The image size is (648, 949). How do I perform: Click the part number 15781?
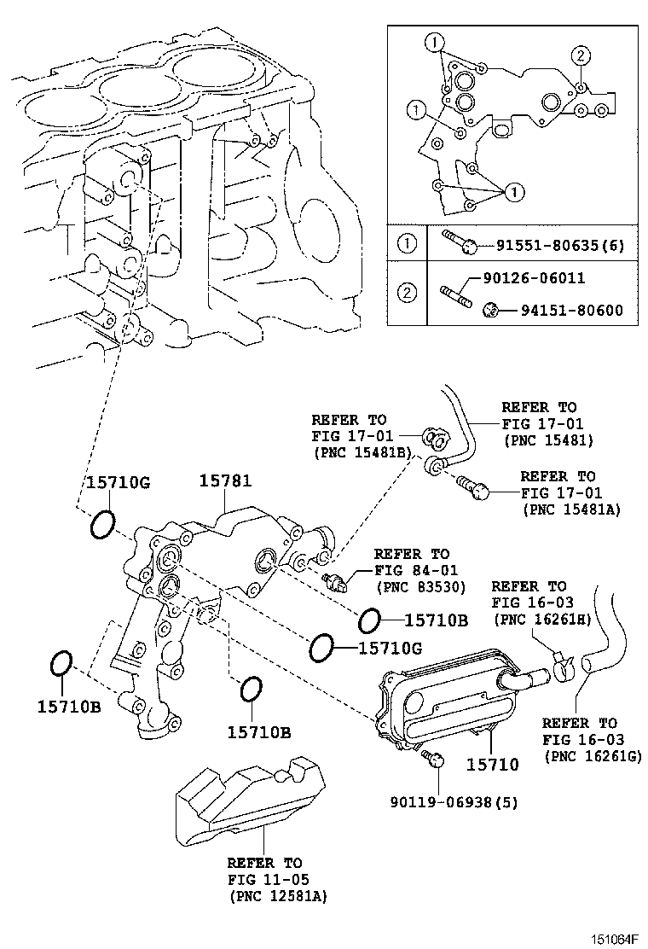225,481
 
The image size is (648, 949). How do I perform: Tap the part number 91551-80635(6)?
560,247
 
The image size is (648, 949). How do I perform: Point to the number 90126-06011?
535,279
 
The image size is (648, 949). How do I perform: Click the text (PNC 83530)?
412,588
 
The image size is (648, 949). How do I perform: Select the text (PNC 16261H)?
541,619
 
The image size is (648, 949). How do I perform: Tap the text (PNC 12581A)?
278,896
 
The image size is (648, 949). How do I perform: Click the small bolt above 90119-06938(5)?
435,760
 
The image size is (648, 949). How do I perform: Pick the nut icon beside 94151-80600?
490,309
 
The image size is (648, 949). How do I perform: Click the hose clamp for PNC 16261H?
563,665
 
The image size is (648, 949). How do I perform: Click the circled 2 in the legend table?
408,294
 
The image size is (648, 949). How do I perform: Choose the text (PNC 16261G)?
592,756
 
